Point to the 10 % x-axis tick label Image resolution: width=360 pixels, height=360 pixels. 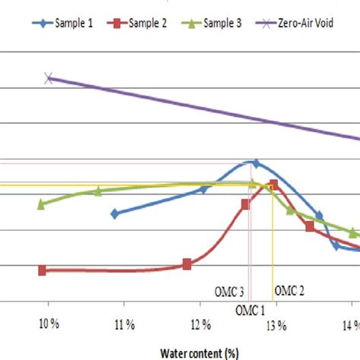click(49, 326)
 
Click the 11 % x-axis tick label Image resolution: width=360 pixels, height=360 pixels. click(125, 326)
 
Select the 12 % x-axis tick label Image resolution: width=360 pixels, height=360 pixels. click(201, 326)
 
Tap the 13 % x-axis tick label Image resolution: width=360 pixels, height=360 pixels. click(276, 326)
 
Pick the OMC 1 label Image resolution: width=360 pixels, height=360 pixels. click(250, 309)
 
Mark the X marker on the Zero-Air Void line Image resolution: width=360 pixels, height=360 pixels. click(49, 77)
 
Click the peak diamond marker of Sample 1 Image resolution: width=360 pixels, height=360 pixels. click(255, 163)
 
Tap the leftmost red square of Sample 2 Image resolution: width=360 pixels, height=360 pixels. click(42, 270)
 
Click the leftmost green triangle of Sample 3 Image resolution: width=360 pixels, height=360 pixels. click(42, 204)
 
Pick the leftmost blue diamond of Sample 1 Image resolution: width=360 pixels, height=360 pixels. click(115, 213)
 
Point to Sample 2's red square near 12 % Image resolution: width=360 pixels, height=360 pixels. click(187, 264)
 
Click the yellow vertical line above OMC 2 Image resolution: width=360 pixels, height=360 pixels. click(273, 243)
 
